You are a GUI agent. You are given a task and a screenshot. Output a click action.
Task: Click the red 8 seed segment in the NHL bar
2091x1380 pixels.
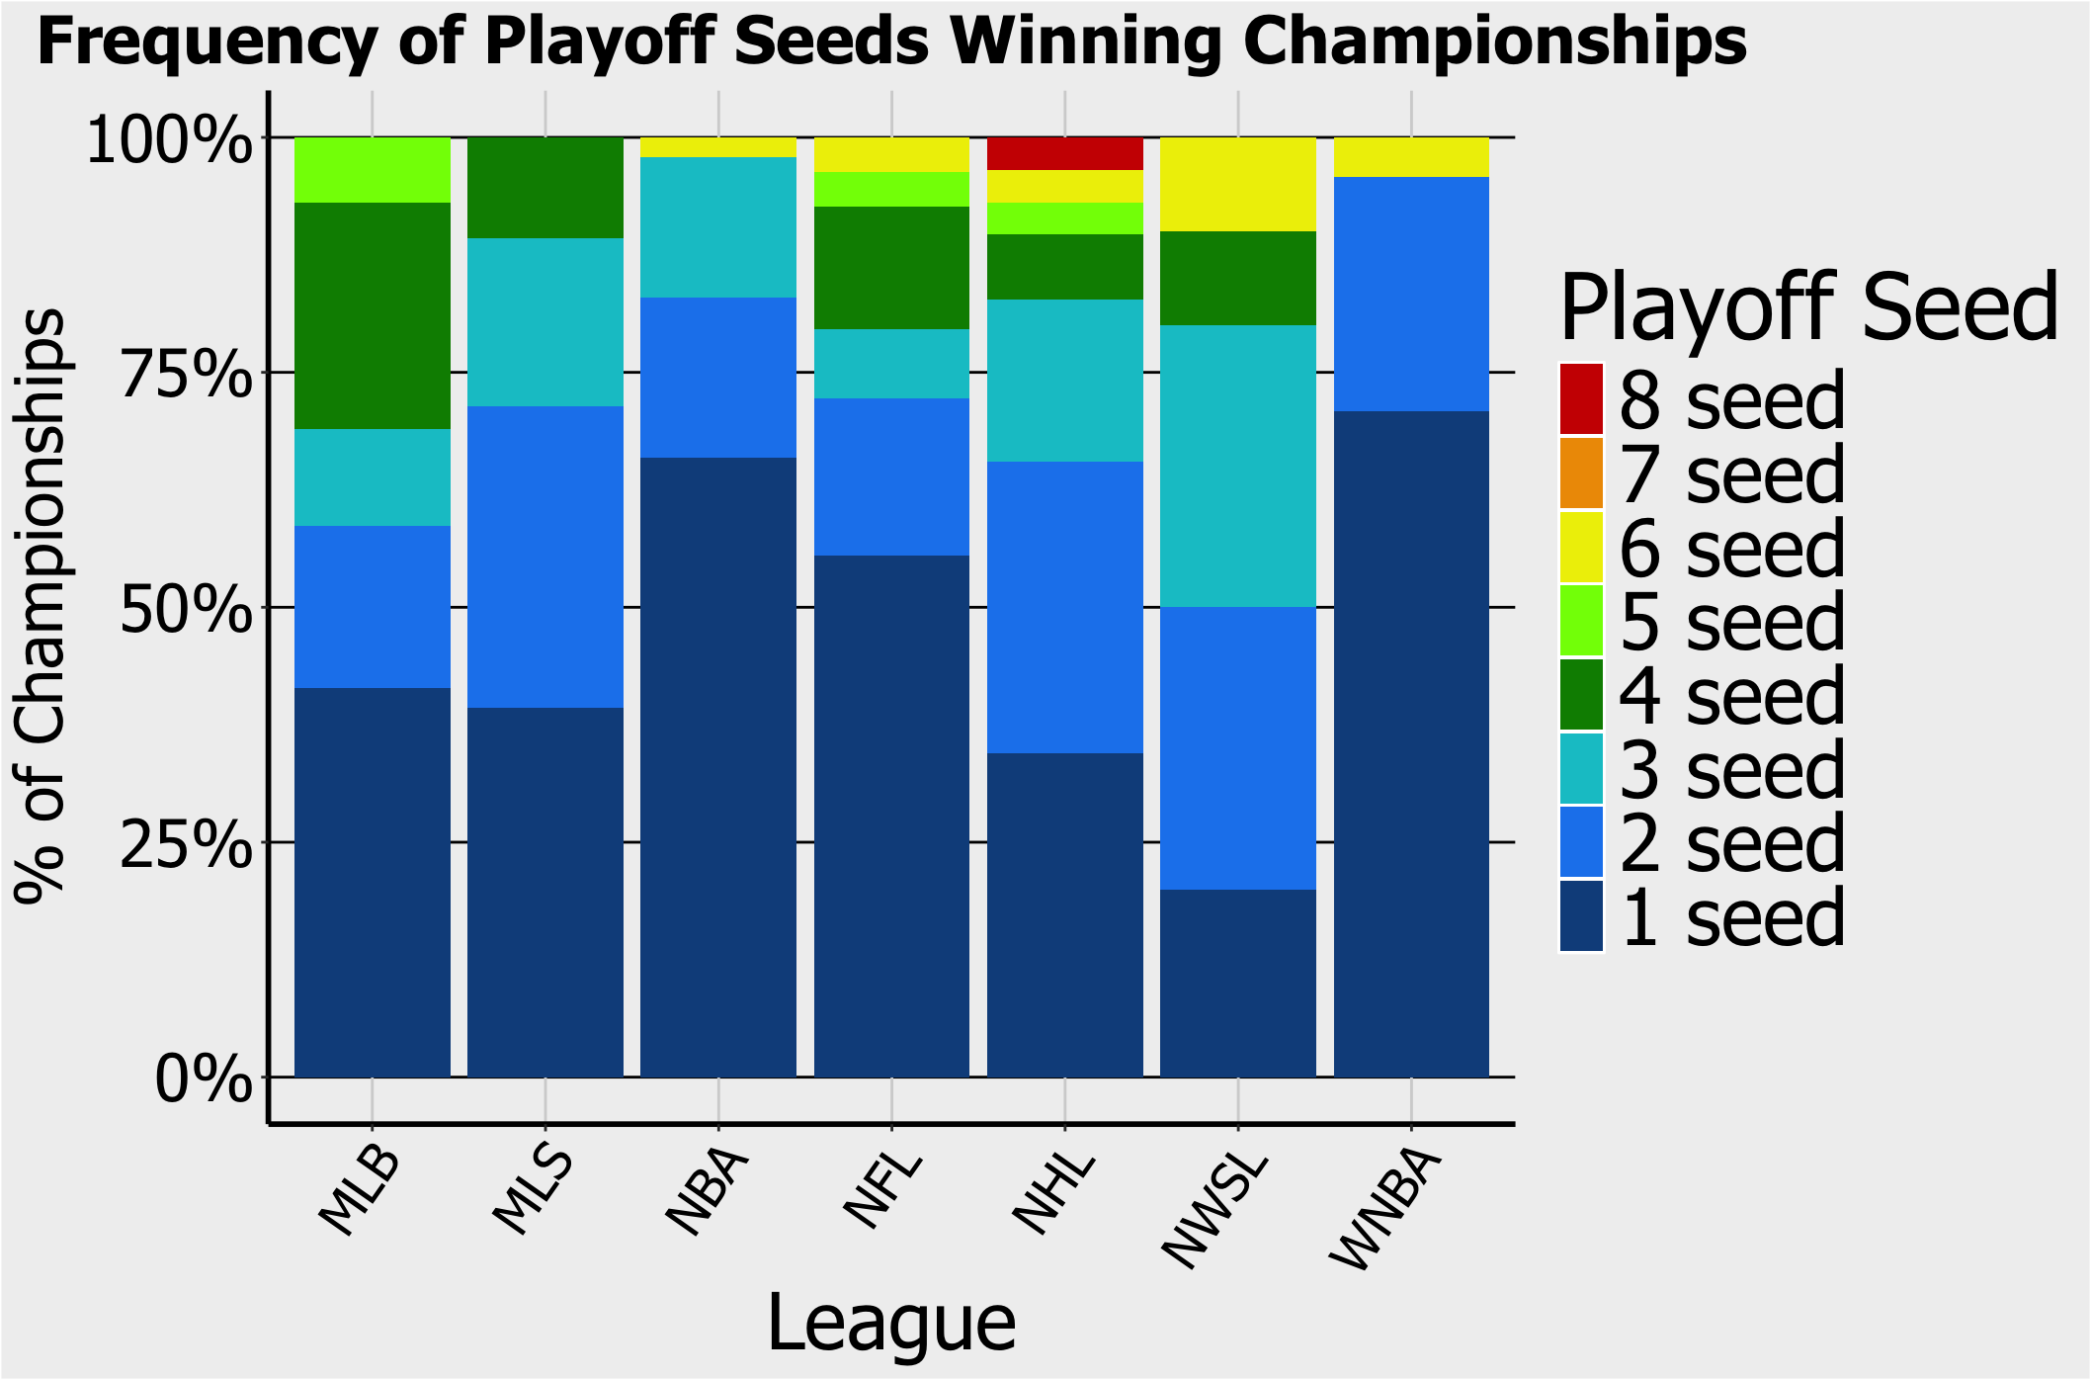[1065, 154]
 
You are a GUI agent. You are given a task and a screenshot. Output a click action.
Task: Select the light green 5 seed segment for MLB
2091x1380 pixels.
[373, 170]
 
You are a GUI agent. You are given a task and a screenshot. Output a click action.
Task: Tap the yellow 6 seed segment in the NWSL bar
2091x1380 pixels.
[1238, 185]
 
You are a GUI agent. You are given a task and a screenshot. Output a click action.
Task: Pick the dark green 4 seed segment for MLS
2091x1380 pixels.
[545, 188]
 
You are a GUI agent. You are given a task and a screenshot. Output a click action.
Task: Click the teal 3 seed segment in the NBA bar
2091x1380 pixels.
[718, 227]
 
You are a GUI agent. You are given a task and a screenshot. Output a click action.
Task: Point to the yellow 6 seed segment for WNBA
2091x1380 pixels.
[1411, 158]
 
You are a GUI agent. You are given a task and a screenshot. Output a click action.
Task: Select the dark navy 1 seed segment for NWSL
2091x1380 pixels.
[1238, 983]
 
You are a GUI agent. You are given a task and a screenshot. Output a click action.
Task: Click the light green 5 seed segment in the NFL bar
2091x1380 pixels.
[891, 189]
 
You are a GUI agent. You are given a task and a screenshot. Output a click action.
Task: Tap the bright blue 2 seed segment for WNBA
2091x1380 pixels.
[1411, 295]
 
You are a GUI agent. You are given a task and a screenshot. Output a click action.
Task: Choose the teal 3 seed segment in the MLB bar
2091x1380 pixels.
[373, 477]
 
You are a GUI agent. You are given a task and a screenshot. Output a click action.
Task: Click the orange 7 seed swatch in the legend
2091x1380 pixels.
[1581, 474]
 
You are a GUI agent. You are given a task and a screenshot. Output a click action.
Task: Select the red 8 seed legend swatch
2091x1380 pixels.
[1581, 399]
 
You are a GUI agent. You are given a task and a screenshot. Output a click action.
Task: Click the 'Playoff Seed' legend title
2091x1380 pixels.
[1808, 307]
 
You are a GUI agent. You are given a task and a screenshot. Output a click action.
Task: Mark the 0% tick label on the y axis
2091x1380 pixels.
[203, 1078]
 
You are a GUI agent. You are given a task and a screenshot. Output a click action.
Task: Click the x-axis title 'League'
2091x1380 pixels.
[891, 1323]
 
